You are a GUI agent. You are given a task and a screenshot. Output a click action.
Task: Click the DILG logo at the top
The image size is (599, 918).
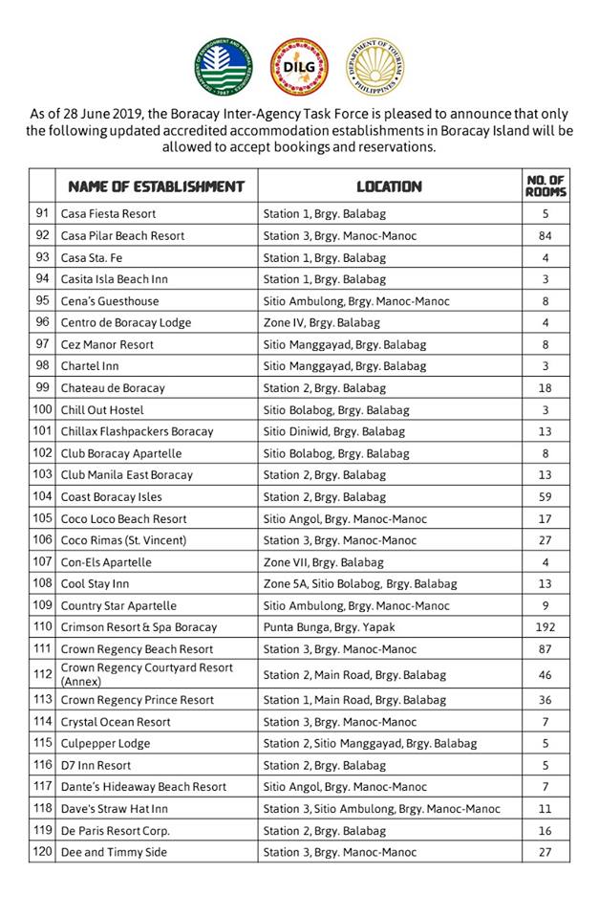300,68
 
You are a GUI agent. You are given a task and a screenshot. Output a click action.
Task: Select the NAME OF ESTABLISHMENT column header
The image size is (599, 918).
156,186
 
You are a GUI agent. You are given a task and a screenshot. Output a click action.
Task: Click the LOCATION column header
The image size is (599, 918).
389,186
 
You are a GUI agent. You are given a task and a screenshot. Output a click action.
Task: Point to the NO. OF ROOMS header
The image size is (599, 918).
546,186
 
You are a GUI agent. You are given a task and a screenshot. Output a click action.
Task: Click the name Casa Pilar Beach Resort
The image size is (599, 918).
122,235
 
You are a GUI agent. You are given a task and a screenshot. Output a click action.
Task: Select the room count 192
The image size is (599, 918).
546,627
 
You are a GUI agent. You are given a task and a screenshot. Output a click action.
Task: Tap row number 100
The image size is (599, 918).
42,409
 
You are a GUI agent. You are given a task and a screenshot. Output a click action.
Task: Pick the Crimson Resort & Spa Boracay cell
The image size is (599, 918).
139,627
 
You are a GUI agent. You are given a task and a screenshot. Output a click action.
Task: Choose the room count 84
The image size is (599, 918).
546,235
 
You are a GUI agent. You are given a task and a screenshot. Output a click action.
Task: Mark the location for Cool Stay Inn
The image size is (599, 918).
360,583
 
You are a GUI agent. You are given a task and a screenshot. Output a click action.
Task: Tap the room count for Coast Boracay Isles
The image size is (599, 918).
546,496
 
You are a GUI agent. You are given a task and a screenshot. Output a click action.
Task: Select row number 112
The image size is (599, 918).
42,674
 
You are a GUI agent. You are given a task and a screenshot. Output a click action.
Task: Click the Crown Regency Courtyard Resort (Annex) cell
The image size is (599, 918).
146,674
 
